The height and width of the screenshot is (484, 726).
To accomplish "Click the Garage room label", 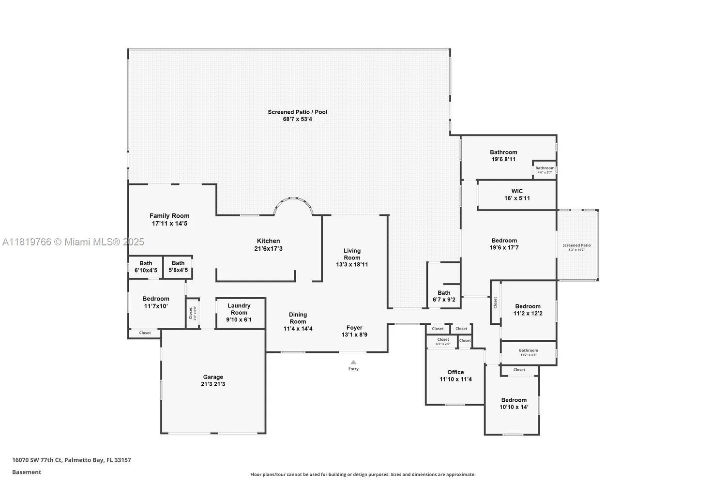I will [213, 377].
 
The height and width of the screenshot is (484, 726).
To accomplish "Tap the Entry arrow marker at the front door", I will [353, 362].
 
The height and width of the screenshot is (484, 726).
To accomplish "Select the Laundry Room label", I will [239, 309].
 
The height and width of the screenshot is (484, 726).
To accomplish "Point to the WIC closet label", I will [517, 191].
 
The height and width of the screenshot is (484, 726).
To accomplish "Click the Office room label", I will [455, 372].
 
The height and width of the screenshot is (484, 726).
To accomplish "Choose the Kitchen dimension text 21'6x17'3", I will [268, 249].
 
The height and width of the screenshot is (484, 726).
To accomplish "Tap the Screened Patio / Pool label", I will [297, 112].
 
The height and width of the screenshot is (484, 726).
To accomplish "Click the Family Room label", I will [169, 216].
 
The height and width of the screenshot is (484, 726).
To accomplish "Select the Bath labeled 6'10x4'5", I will [146, 267].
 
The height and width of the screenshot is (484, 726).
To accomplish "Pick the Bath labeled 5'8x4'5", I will [178, 267].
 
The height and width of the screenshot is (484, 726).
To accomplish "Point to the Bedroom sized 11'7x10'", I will [156, 302].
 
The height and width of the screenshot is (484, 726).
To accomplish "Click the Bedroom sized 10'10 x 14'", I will [514, 404].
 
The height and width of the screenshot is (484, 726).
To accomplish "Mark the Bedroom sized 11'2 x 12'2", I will [528, 310].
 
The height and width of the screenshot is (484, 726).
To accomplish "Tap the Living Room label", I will [352, 254].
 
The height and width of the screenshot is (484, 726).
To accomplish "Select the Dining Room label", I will [298, 318].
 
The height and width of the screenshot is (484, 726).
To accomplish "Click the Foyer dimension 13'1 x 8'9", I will [354, 334].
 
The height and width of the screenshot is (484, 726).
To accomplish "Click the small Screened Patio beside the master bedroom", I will [577, 246].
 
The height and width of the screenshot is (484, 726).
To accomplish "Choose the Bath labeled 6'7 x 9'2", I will [444, 296].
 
